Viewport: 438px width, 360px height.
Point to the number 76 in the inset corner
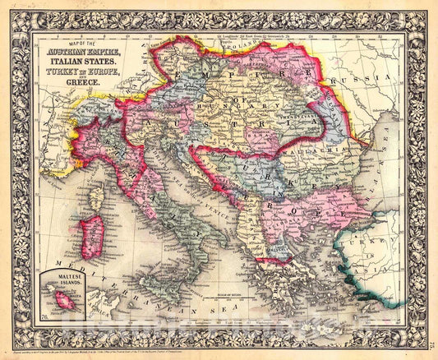44,315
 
